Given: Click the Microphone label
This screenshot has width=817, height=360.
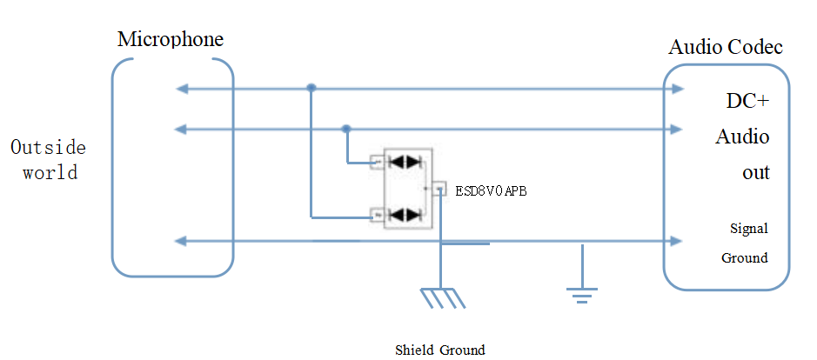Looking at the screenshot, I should click(171, 39).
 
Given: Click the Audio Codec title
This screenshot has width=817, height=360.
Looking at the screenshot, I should click(725, 47).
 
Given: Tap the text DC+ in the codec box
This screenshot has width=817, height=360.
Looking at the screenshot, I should click(747, 101).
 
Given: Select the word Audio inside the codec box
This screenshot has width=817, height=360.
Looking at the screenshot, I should click(742, 137).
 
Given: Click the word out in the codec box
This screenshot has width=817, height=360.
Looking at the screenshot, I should click(755, 172).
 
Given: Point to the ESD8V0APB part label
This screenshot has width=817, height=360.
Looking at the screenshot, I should click(491, 191).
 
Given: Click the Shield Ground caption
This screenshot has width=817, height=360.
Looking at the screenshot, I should click(440, 350).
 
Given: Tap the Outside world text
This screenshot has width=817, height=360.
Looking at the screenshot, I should click(49, 159).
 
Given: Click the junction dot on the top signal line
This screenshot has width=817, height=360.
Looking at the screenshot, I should click(311, 88).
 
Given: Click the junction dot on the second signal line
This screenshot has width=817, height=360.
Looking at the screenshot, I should click(346, 130).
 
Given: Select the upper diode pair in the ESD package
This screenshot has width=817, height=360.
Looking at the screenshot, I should click(405, 161).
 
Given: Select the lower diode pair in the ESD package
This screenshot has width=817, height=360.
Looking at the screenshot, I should click(405, 214).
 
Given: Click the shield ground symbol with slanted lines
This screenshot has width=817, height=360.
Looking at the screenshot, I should click(443, 297).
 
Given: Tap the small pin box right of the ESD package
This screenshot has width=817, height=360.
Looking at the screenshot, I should click(440, 188).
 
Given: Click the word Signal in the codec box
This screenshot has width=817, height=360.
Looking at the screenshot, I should click(748, 229).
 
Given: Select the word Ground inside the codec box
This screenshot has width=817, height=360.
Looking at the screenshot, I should click(745, 257).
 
